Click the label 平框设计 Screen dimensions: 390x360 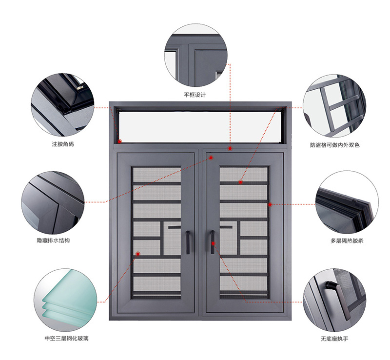(x=195, y=95)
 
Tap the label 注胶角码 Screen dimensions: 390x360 (x=63, y=144)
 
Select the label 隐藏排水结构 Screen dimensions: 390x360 (x=53, y=240)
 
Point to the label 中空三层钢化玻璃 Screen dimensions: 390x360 (x=66, y=339)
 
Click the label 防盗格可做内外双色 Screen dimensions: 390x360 (x=335, y=145)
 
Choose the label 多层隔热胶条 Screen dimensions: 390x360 (x=347, y=241)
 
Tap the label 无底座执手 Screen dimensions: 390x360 (x=334, y=339)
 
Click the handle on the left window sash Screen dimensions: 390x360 (x=188, y=242)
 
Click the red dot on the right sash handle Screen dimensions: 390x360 (x=213, y=243)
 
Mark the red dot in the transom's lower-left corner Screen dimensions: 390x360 (x=119, y=141)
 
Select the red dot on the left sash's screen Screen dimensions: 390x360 (x=138, y=254)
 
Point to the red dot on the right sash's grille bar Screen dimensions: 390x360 (x=240, y=182)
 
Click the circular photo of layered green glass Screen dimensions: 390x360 (x=65, y=300)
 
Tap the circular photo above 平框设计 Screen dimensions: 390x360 (x=196, y=55)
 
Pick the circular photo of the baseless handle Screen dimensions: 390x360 (x=334, y=300)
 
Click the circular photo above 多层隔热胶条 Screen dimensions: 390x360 (x=347, y=202)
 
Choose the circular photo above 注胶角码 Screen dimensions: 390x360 (x=62, y=104)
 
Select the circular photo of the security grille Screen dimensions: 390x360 (x=334, y=106)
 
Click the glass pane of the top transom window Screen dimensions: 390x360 (x=200, y=127)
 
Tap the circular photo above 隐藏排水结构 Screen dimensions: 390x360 (x=53, y=202)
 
